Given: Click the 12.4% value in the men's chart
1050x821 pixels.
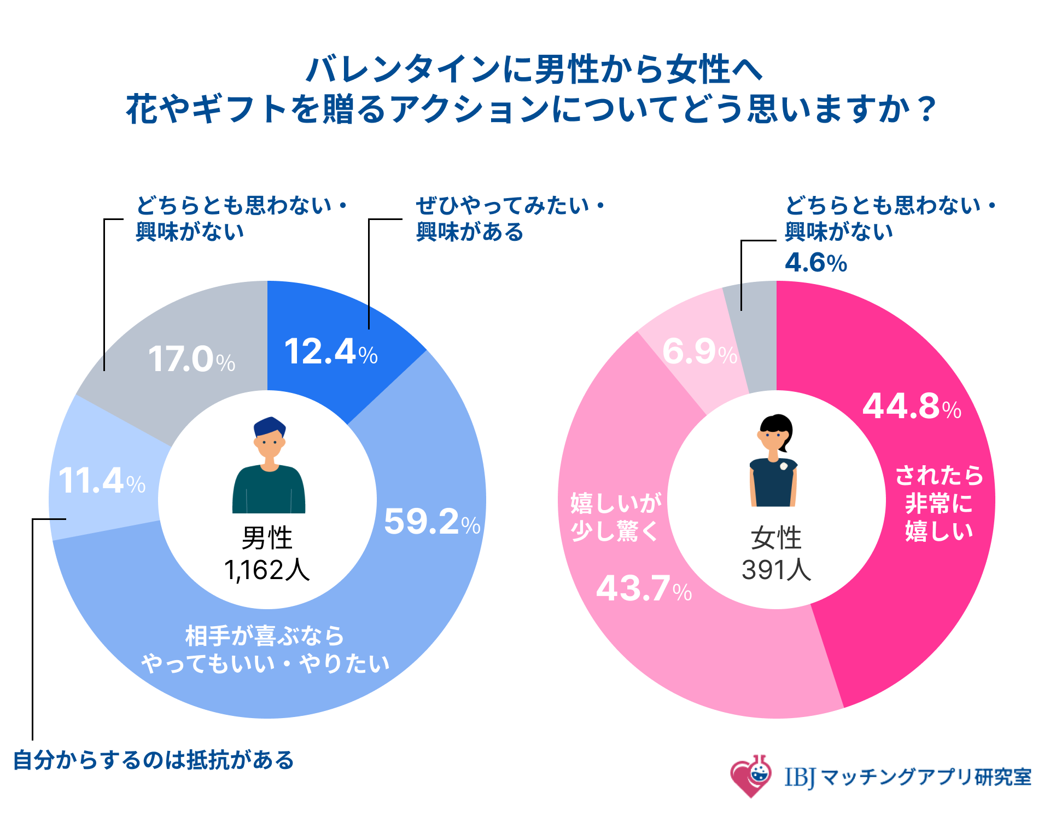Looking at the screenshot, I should (x=330, y=351).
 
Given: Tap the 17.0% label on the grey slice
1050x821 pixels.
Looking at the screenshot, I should (x=191, y=360).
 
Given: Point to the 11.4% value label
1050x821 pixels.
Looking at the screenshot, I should (x=102, y=481).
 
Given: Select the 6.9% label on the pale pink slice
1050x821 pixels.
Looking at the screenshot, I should (x=699, y=351).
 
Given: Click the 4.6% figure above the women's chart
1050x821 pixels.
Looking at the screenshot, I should (x=815, y=263).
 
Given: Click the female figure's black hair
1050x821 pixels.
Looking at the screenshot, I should (x=778, y=424).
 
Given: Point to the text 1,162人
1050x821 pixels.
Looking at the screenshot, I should (x=267, y=570).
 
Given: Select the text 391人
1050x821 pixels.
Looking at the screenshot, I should (x=776, y=570).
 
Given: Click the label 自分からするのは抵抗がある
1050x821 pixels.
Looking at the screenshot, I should (x=154, y=760).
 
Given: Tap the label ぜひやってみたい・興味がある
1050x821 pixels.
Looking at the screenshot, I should (x=509, y=219).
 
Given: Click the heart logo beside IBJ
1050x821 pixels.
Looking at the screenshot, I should (x=750, y=777).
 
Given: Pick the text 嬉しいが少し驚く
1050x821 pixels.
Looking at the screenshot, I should (x=616, y=517).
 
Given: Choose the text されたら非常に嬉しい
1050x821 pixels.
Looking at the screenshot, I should (x=938, y=503).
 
